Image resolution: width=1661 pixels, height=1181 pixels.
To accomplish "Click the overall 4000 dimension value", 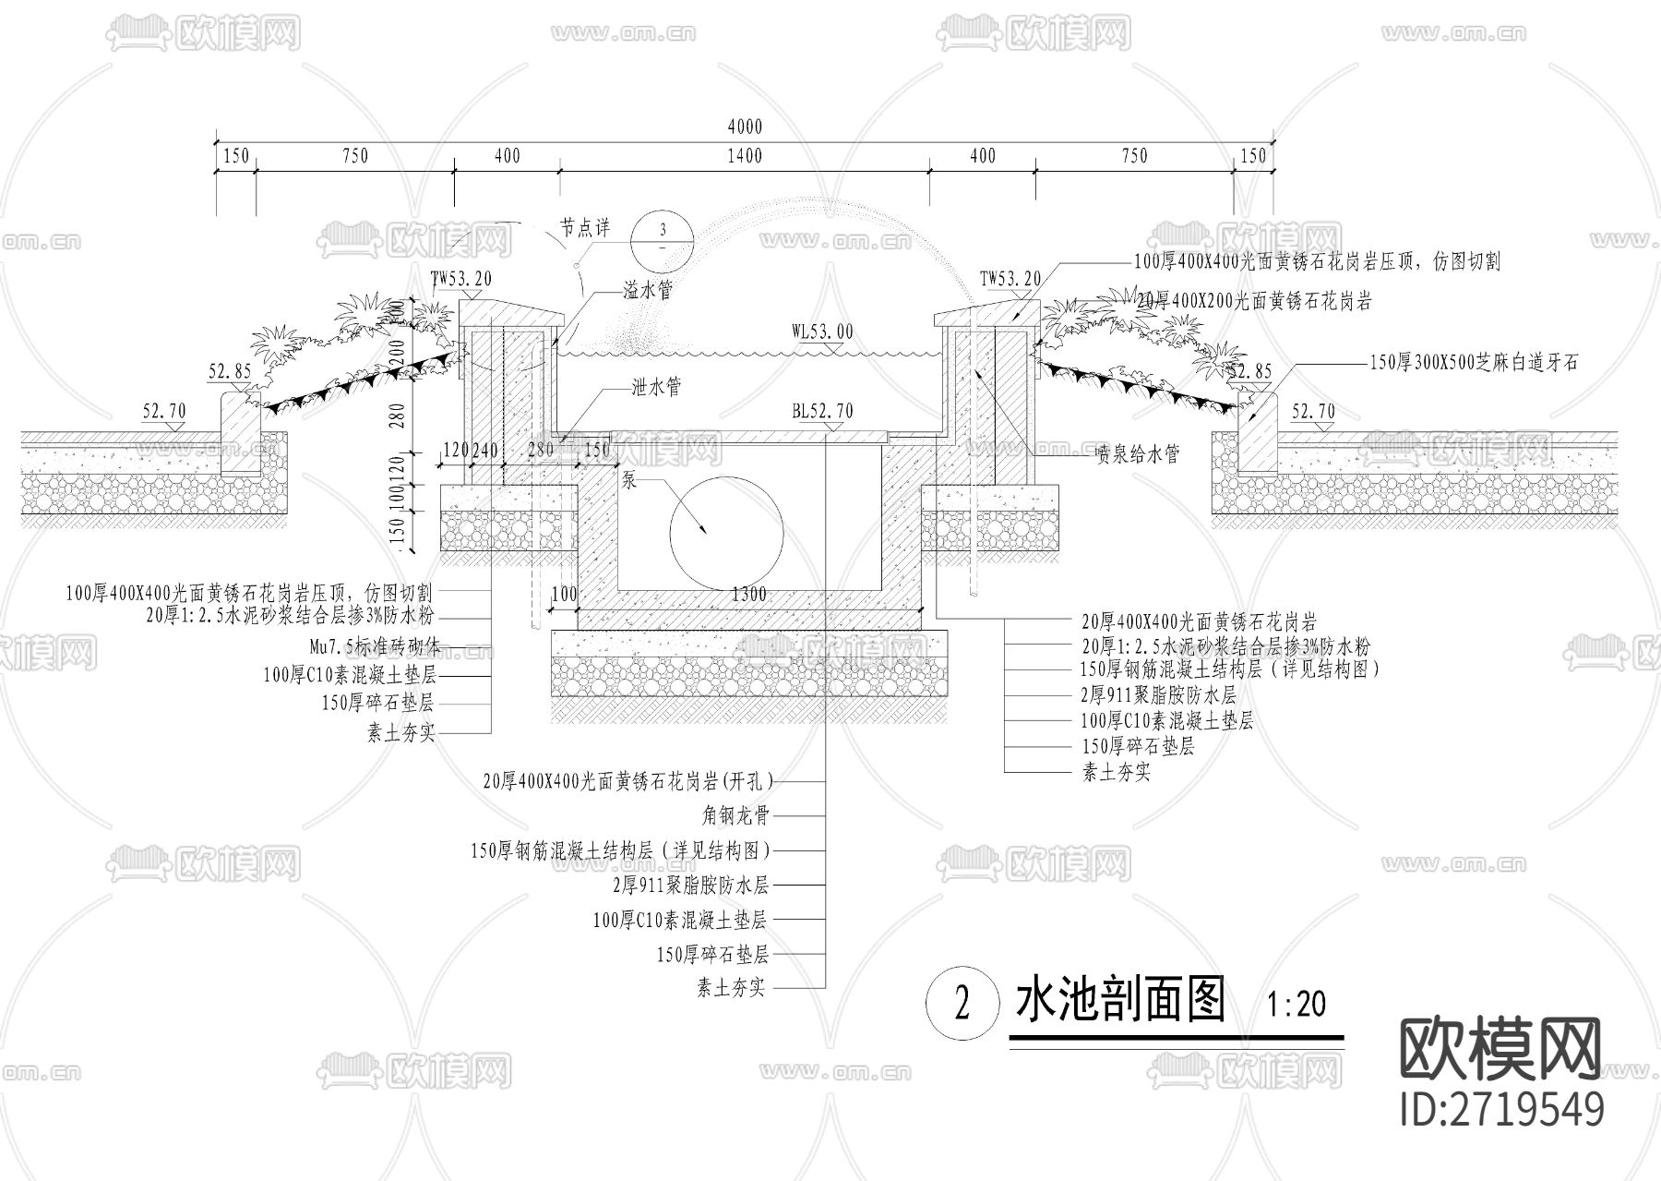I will click(745, 127).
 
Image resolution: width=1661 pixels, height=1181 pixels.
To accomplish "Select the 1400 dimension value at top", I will click(745, 156).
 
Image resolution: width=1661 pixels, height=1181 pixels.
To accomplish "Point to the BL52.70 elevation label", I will click(821, 411).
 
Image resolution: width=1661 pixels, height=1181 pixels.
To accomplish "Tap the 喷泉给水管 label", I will click(1137, 453).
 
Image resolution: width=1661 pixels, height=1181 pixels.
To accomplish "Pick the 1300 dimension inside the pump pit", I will click(748, 594).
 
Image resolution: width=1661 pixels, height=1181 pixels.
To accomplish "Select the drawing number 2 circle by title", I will click(962, 1004).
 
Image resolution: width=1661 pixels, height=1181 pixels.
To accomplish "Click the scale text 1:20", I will click(1297, 1004).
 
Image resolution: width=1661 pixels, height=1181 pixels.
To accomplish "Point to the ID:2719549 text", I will click(1501, 1108).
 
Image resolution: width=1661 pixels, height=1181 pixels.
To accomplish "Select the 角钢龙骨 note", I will click(735, 815).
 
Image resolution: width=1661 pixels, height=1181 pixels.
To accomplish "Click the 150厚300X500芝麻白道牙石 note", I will click(1474, 363).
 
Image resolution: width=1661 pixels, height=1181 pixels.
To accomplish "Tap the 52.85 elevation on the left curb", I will click(230, 371).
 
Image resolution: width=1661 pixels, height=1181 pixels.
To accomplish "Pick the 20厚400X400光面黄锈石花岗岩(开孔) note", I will click(627, 781).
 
